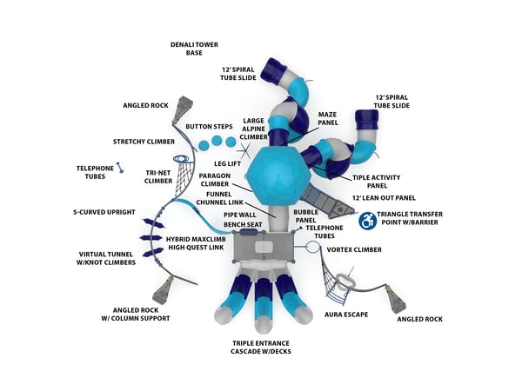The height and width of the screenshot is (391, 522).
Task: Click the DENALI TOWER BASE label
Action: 194,48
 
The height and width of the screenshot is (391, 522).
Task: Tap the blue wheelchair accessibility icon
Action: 368,222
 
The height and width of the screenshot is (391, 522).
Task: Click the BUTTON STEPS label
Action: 204,125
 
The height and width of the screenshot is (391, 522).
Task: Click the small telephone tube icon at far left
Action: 121,167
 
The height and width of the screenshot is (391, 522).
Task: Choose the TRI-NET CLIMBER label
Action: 158,177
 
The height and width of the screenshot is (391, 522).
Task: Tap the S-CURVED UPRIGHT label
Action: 105,211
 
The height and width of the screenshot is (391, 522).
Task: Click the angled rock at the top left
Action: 182,109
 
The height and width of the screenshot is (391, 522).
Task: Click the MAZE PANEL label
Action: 326,118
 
